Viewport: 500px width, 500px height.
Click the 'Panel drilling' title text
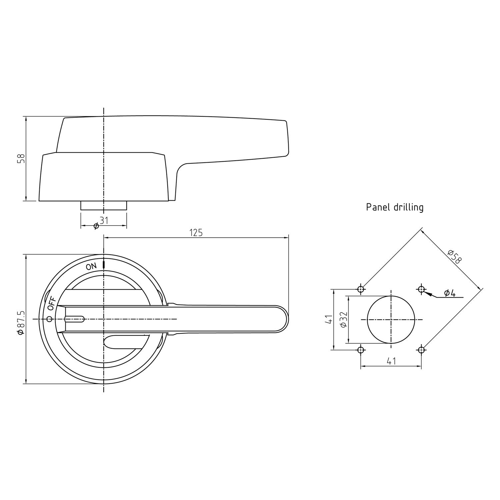tap(395, 207)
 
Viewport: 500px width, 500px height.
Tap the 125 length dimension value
tap(196, 233)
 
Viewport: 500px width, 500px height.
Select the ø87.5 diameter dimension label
tap(21, 322)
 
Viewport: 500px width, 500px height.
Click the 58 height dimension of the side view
tap(21, 159)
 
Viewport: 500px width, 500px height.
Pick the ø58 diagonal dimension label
tap(454, 256)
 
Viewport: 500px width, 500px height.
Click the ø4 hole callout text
tap(450, 293)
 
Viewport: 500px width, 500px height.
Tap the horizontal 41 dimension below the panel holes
tap(391, 361)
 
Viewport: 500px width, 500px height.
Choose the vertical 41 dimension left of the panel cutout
tap(329, 319)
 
